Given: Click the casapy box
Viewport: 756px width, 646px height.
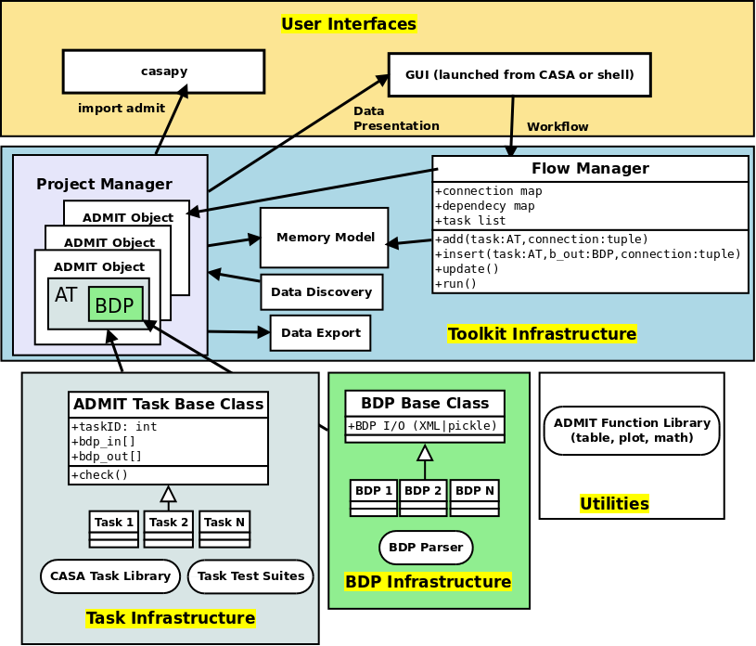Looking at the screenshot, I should click(x=163, y=71).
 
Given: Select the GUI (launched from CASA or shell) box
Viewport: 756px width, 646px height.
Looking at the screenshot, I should click(x=519, y=75).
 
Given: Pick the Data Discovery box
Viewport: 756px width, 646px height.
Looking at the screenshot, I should click(x=321, y=292).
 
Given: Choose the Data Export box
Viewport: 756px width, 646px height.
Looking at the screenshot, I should click(x=320, y=333).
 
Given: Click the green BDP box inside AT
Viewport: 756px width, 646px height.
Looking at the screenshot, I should click(x=116, y=305).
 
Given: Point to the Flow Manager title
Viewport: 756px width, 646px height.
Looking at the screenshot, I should click(x=590, y=169).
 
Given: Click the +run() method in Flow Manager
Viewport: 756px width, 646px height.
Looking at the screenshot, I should click(x=456, y=284).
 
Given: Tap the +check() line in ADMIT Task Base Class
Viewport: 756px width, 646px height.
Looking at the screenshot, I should click(x=100, y=475).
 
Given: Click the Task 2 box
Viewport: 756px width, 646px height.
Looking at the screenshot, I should click(x=168, y=523).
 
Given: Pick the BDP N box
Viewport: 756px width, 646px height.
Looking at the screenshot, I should click(x=475, y=491).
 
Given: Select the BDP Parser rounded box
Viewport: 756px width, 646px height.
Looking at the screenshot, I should click(x=426, y=548).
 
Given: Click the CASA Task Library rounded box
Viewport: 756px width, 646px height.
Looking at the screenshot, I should click(x=110, y=576).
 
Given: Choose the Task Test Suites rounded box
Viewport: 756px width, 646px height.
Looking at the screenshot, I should click(x=250, y=576).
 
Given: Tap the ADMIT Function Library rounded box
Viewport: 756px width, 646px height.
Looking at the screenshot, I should click(x=632, y=431).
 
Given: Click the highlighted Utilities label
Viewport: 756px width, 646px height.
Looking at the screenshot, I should click(x=614, y=504).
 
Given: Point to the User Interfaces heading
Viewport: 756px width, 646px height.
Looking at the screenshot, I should click(x=349, y=24).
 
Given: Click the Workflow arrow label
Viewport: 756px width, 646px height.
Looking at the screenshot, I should click(x=557, y=127).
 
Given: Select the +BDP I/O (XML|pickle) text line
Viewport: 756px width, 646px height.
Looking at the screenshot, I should click(x=425, y=426).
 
